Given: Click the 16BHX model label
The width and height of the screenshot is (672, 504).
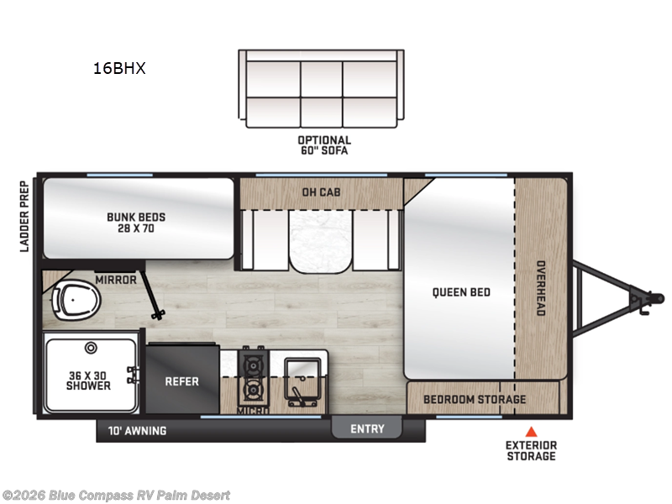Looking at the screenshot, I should (119, 69).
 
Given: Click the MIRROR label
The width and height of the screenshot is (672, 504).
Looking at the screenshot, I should (116, 280).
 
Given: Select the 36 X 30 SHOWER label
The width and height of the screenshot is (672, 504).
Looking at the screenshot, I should (88, 380).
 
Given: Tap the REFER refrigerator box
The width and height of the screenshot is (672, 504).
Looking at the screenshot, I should (182, 381).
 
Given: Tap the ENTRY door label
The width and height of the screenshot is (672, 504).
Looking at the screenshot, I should (367, 429).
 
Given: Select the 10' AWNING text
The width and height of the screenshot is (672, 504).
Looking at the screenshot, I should (137, 431).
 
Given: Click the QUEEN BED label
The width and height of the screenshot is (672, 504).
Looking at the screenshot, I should (461, 292).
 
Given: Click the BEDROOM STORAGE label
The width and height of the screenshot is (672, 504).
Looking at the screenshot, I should (475, 399).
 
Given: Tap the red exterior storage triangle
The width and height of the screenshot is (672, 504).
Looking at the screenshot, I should (530, 431).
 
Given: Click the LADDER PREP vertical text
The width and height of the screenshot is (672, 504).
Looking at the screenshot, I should (24, 217).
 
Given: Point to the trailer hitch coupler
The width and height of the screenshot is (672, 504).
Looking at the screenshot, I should (646, 298).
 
